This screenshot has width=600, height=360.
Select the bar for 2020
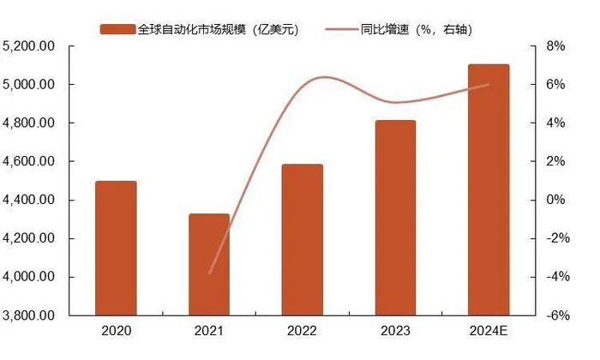coord(115,248)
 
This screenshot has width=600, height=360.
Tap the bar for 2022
coord(303,239)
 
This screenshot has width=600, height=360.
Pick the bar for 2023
coord(395,218)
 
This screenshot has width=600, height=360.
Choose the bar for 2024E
coord(489,189)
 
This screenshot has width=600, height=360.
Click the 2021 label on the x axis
coord(210,331)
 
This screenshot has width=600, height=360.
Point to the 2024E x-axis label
coord(489,331)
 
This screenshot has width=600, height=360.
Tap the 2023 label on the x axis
coord(395,331)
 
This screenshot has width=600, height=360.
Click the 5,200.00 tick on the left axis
coord(30,46)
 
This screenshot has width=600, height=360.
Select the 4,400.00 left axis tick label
coord(30,201)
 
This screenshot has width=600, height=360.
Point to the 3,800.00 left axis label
coord(30,315)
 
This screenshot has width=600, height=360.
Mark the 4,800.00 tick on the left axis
coord(30,123)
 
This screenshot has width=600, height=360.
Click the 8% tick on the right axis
coord(556,46)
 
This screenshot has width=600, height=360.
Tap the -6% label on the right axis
coord(556,315)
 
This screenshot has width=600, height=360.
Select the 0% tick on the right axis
coord(556,201)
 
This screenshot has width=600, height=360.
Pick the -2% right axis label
coord(556,238)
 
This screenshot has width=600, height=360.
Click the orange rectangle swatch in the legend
coord(117,29)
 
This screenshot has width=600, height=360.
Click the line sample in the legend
coord(343,29)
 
